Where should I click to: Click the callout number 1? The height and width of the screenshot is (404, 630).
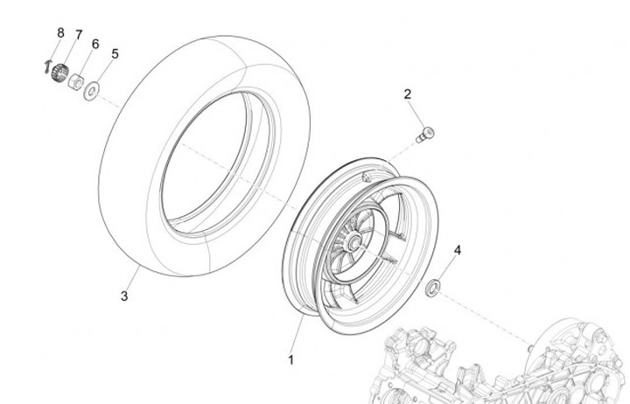292,359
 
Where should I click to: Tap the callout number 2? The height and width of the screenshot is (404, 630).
407,94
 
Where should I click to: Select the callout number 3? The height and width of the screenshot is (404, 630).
124,296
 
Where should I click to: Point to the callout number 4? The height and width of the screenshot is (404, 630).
456,252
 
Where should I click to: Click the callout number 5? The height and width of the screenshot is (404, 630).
115,53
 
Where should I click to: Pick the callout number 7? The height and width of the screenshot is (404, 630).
78,35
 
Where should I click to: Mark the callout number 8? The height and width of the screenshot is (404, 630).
60,32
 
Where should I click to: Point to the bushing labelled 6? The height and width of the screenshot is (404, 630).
75,82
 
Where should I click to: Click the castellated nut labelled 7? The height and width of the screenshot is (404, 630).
59,73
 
